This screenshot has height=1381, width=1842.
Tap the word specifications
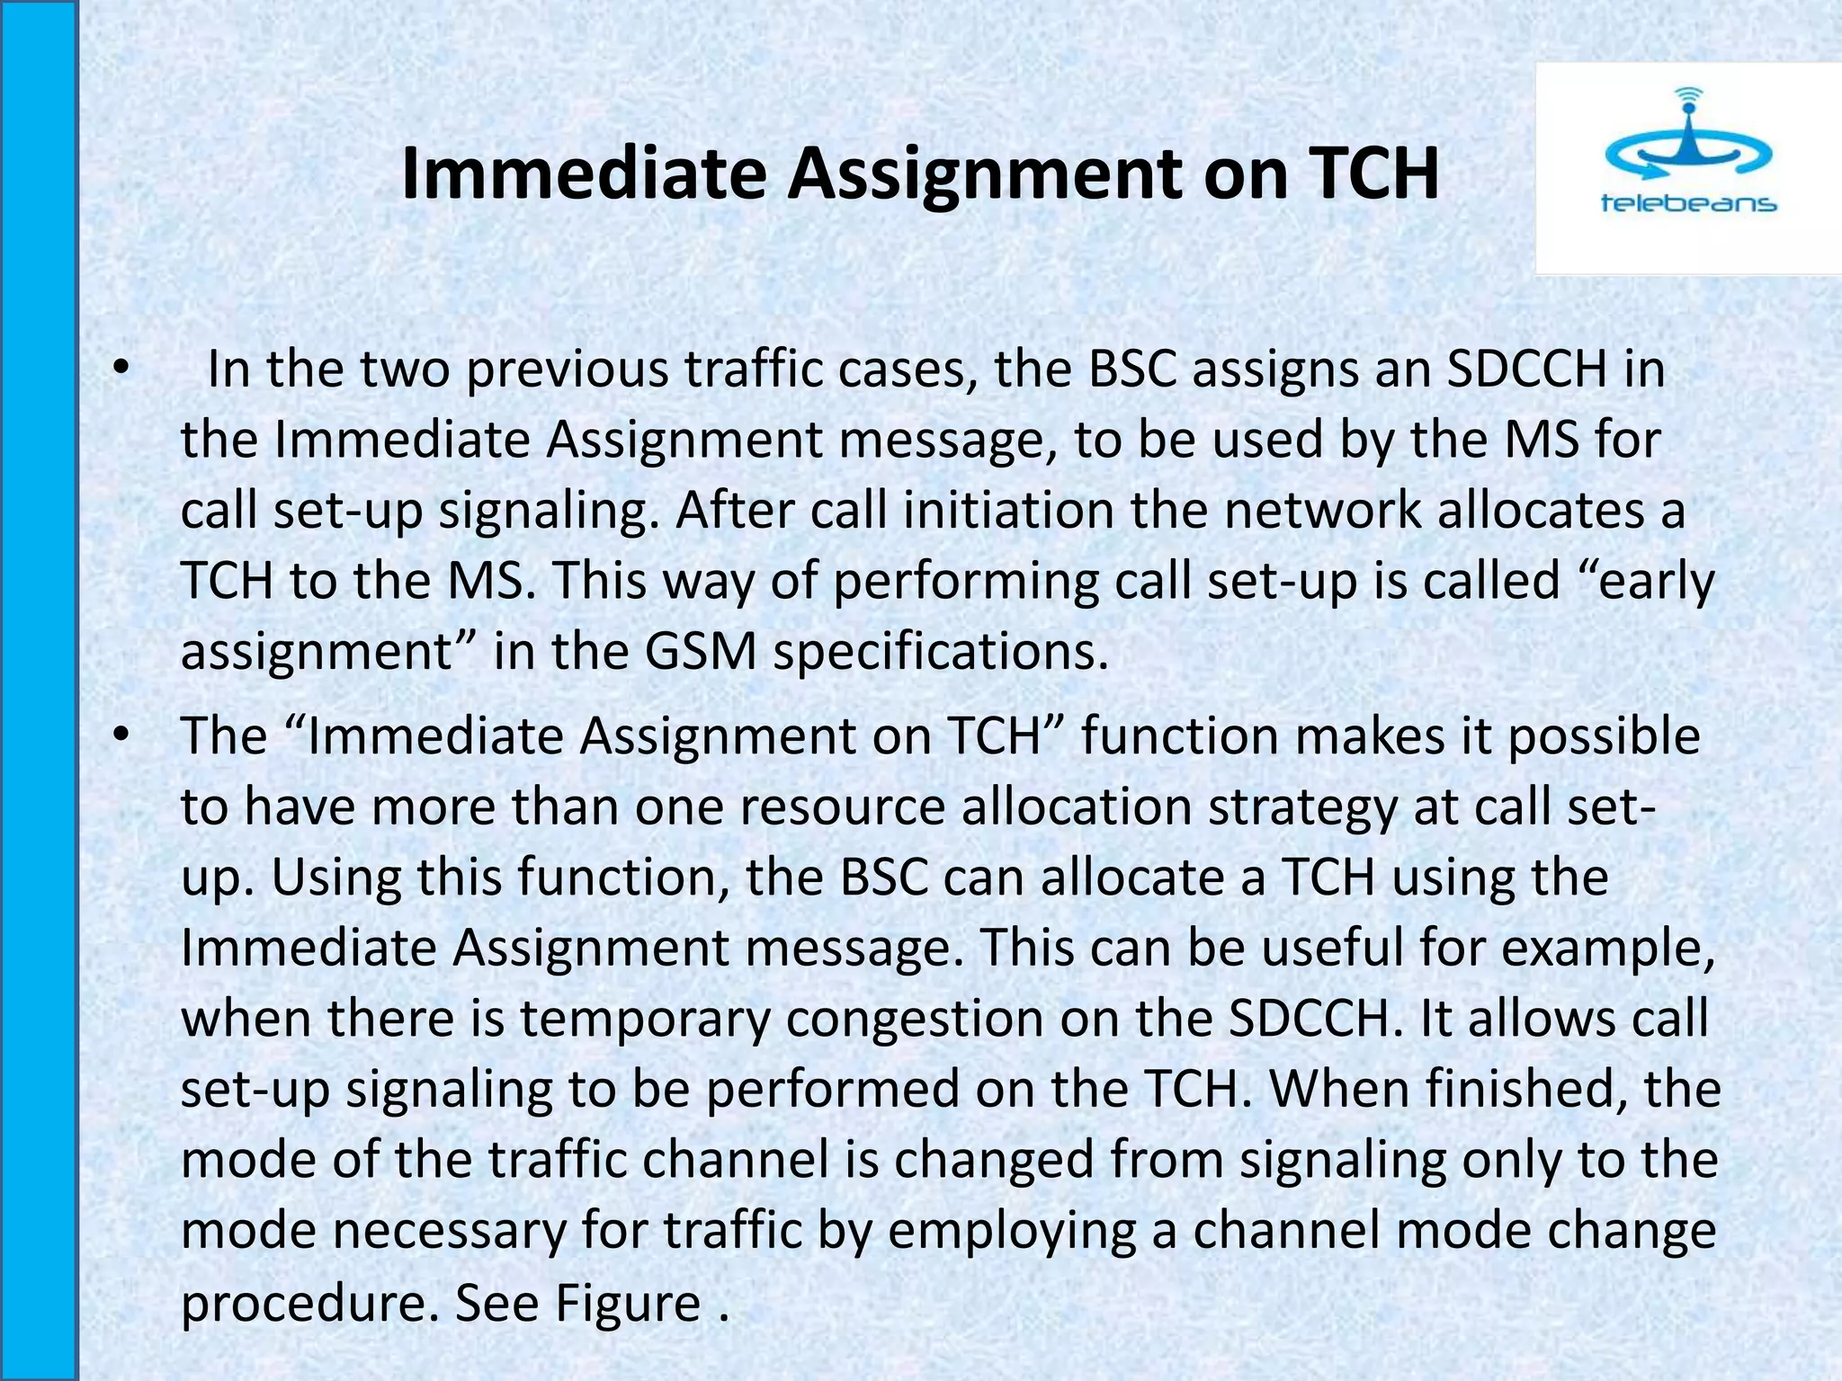pos(940,651)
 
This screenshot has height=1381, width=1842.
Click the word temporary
pos(645,1019)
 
